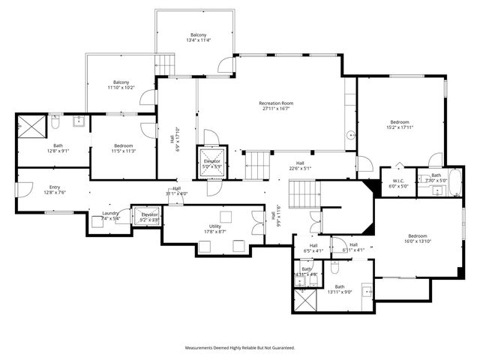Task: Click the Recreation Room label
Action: [275, 103]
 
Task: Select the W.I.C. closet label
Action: [398, 180]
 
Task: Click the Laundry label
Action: [111, 214]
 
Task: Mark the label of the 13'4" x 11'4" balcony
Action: [198, 35]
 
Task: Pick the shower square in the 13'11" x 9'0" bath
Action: [305, 301]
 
